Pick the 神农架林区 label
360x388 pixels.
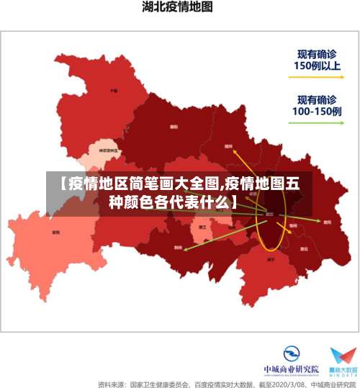point(108,151)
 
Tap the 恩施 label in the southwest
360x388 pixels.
point(56,232)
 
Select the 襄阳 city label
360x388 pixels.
point(174,127)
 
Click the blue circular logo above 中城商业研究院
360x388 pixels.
point(292,354)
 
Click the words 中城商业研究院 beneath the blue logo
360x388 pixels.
point(292,370)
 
